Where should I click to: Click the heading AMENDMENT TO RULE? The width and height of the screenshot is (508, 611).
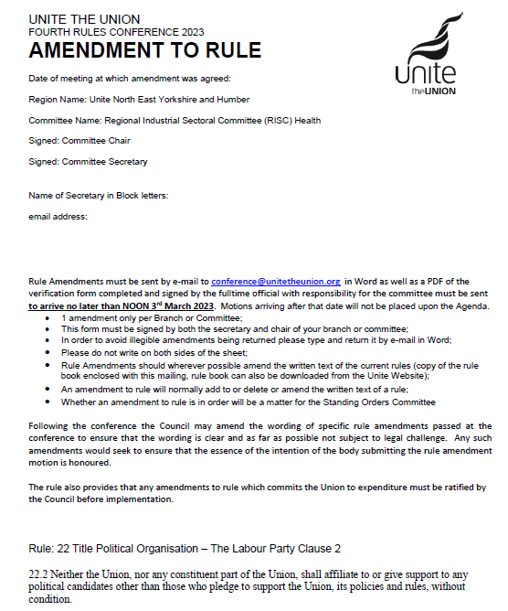click(x=144, y=50)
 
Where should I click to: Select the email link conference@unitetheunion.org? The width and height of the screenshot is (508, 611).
click(x=276, y=281)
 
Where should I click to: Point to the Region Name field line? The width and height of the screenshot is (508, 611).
click(x=139, y=100)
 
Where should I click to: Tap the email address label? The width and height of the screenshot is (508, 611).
click(x=58, y=217)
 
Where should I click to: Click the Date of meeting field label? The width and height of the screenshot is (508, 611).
click(x=129, y=79)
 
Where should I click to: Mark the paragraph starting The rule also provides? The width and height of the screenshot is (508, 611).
click(x=258, y=492)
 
